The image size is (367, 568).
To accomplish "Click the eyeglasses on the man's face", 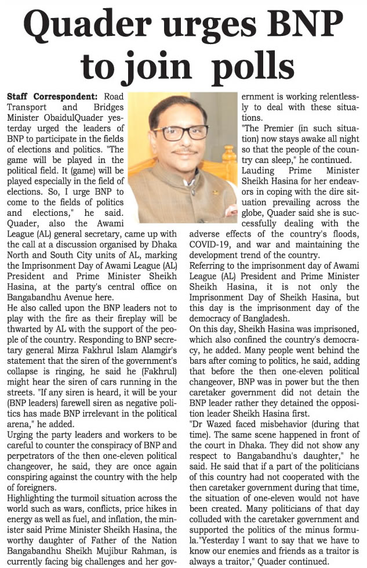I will (181, 133).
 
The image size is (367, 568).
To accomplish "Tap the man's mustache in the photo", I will (185, 153).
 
